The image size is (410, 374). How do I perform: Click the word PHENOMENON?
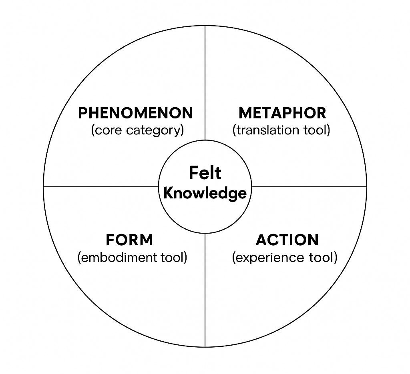point(135,113)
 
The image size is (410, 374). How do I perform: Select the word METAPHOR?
point(282,113)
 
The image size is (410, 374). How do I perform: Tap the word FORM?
point(129,240)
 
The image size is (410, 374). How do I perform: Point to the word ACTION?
point(287,240)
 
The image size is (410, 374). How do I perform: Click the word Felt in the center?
point(205,173)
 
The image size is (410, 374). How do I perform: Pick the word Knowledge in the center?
point(205,193)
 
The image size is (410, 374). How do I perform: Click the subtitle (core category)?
point(137,130)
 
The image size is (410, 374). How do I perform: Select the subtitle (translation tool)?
point(281,130)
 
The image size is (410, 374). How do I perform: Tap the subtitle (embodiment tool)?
point(132,257)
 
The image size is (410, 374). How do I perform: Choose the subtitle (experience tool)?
point(285,257)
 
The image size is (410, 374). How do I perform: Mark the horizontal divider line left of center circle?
point(100,186)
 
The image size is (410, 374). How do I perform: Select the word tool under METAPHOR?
point(316,130)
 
